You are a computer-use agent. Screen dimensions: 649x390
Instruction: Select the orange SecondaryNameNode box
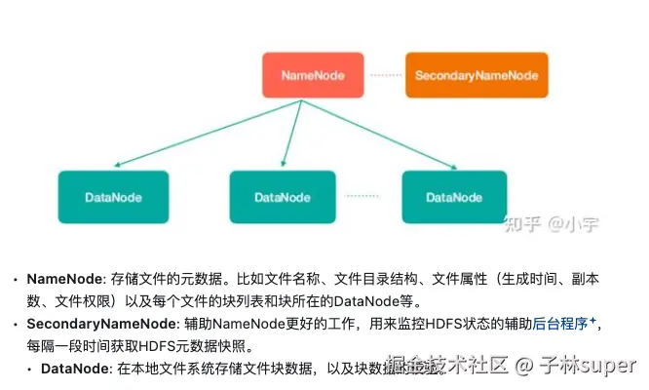pos(477,75)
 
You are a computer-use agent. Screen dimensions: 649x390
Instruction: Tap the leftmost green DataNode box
pos(113,197)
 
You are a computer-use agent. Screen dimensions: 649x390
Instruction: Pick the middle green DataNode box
pos(283,197)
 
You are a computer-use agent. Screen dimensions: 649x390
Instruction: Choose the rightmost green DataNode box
pos(454,197)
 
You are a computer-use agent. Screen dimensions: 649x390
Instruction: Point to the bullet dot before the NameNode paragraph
pos(15,280)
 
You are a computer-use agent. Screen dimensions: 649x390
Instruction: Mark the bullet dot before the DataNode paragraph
pos(29,370)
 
